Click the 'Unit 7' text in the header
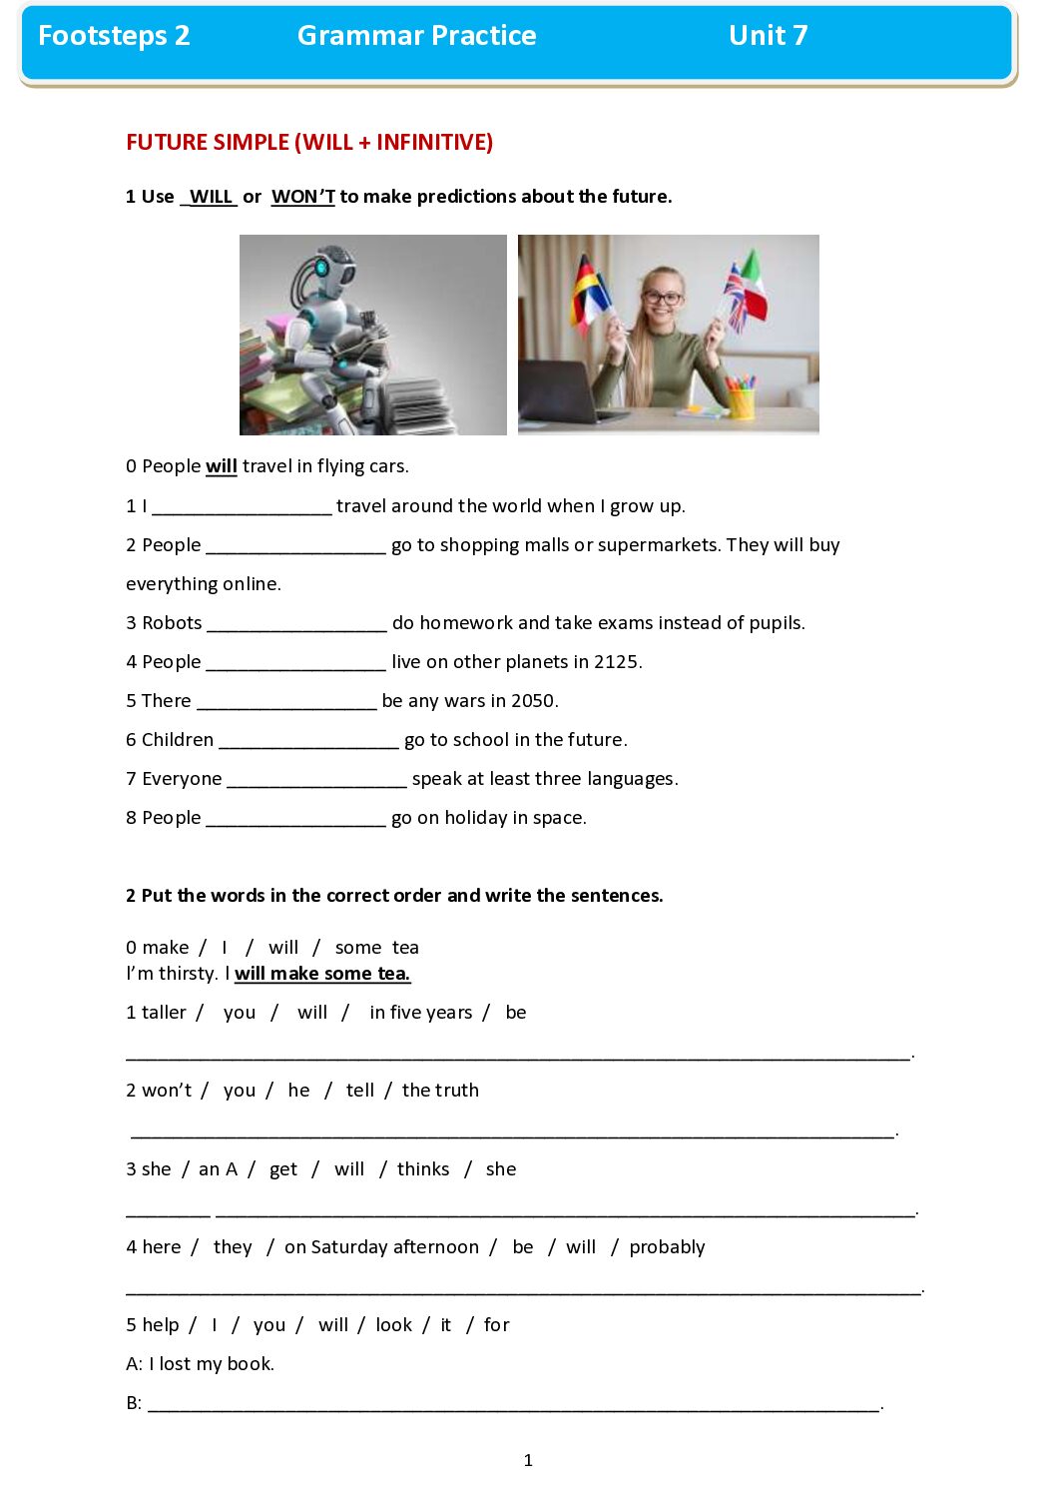tap(768, 36)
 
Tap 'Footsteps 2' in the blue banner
tap(114, 36)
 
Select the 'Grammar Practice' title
tap(416, 36)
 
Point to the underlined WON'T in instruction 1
tap(303, 197)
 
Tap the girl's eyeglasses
tap(663, 298)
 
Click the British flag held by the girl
tap(736, 297)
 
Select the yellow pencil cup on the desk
tap(741, 401)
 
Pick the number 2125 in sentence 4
tap(616, 662)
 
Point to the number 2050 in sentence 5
tap(533, 701)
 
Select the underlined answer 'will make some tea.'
tap(322, 974)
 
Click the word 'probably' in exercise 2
tap(667, 1247)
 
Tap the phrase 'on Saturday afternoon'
tap(381, 1247)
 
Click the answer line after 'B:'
tap(513, 1404)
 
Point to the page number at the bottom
tap(528, 1460)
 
